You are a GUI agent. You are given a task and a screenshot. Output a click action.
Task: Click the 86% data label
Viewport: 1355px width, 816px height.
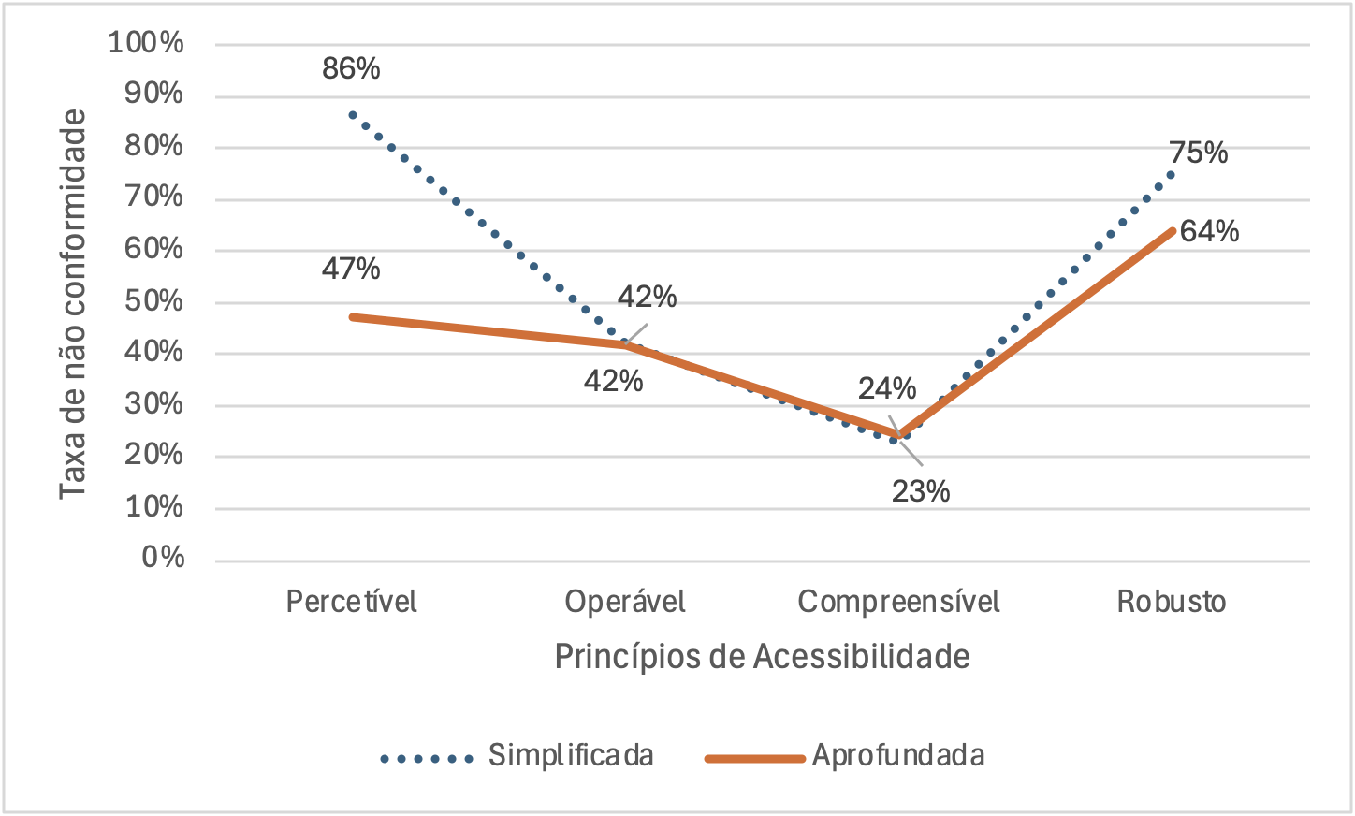351,69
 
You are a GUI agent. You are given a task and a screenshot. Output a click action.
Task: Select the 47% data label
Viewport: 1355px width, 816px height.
351,270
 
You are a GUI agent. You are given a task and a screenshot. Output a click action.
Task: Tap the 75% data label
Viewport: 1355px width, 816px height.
1198,153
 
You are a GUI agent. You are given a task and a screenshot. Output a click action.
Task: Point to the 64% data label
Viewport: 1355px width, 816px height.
1209,231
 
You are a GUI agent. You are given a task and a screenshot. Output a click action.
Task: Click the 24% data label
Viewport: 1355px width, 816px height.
886,388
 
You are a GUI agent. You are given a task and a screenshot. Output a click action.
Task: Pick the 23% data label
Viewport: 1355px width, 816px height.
920,491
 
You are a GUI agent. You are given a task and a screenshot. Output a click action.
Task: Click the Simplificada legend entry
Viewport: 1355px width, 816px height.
570,755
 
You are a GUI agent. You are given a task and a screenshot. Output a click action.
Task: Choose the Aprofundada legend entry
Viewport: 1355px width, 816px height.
897,755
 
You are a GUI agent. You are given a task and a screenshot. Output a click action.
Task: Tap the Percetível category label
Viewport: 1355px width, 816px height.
351,601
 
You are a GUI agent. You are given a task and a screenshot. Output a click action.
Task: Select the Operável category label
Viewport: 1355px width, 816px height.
624,601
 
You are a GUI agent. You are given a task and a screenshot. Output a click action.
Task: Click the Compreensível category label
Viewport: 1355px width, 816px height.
898,601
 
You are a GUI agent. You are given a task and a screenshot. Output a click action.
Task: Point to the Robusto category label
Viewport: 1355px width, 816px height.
1171,601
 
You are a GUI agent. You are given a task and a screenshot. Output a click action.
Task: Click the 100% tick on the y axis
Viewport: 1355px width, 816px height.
146,43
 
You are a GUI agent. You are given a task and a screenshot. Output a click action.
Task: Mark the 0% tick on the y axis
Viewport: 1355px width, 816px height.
163,558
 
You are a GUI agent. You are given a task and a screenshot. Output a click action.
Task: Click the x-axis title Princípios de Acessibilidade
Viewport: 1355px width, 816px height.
762,656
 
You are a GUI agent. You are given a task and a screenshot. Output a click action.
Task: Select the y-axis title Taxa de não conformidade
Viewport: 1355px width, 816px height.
73,304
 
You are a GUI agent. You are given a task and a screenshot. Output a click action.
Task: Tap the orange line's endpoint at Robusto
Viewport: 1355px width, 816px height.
1172,230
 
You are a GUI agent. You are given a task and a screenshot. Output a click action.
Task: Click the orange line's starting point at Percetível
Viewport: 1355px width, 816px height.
352,317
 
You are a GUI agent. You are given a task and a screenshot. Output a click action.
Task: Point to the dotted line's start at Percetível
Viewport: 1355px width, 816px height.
352,115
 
